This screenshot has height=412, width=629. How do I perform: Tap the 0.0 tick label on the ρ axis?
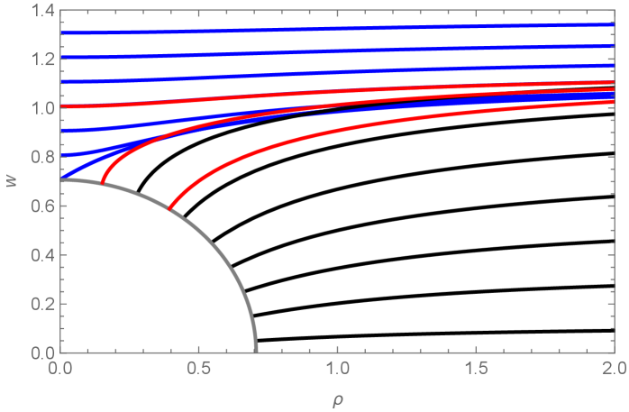pos(60,369)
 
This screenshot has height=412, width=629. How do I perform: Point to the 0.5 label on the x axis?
pos(199,369)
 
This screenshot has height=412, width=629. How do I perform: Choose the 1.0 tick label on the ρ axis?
pos(337,369)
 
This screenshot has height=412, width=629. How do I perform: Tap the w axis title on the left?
pos(12,180)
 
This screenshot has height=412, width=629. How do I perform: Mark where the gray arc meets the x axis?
pos(256,350)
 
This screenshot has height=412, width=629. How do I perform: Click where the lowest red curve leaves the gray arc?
pos(169,210)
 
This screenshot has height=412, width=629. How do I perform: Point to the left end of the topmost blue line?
pos(61,33)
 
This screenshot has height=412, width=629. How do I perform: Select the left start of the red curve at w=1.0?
pos(61,106)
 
